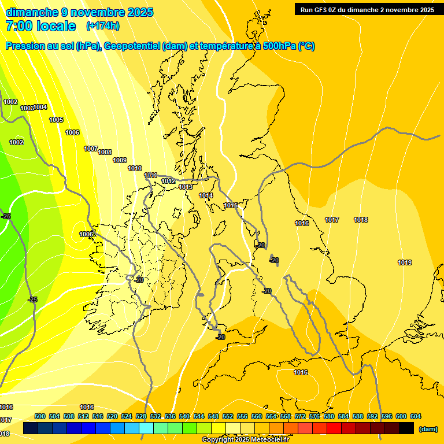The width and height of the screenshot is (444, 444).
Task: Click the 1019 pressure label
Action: point(405,263)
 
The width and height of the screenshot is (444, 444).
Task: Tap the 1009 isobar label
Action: point(120,161)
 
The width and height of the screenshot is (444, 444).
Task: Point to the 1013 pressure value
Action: point(186,187)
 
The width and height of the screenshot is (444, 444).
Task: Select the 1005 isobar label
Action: point(56,120)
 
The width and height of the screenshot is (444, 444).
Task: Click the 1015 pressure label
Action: point(231,206)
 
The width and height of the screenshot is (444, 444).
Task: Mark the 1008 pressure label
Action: point(105,153)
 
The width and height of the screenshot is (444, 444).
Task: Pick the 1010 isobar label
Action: point(135,169)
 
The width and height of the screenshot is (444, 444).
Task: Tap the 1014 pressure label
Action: point(206,196)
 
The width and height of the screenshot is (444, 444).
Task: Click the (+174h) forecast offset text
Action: point(102,26)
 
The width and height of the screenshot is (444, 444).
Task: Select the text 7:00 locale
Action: point(40,26)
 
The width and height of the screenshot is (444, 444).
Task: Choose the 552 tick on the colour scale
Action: point(228,417)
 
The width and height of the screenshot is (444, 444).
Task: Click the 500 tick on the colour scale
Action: point(40,417)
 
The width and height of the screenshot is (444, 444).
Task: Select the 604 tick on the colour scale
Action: point(416,417)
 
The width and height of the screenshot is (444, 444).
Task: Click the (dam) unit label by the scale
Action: point(428,429)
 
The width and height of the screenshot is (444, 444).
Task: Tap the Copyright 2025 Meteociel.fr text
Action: point(245,440)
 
